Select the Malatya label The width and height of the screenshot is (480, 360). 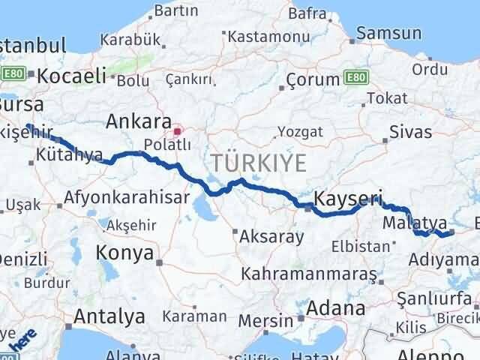(x=415, y=223)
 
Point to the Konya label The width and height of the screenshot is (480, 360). (x=125, y=253)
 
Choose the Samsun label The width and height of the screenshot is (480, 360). (x=389, y=33)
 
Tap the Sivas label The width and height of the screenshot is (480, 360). (x=410, y=133)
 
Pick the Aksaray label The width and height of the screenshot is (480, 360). (x=271, y=237)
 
